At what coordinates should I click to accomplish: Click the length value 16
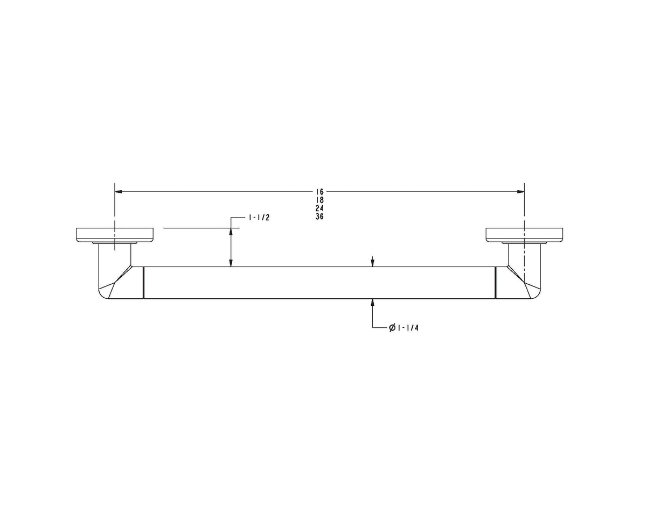pos(319,192)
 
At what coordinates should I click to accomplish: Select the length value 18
pos(319,200)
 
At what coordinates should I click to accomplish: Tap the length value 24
pos(319,208)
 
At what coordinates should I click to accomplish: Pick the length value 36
pos(319,216)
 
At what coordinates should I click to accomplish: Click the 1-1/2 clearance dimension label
pos(259,218)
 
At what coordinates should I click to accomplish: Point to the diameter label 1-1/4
pos(403,328)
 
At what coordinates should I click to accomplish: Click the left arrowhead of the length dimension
pos(119,192)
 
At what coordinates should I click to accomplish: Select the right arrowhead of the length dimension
pos(520,192)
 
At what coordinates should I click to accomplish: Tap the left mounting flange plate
pos(115,235)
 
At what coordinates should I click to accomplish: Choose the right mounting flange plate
pos(524,235)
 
